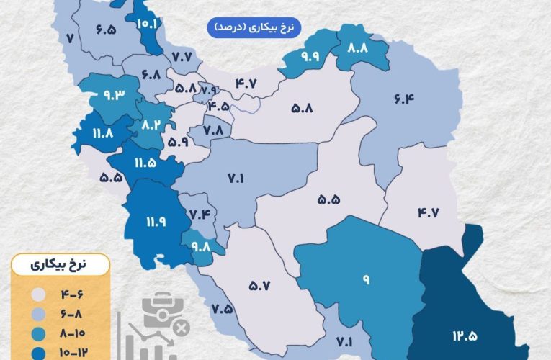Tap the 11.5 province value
144,163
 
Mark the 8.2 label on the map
151,124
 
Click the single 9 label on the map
366,279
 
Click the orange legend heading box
61,264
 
